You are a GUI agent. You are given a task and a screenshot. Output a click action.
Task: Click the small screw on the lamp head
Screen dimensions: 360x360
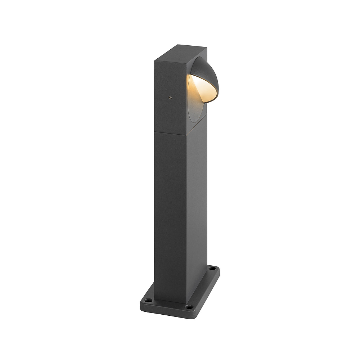point(170,97)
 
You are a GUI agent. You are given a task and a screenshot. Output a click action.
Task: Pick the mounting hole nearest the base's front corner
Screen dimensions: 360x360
point(189,307)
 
